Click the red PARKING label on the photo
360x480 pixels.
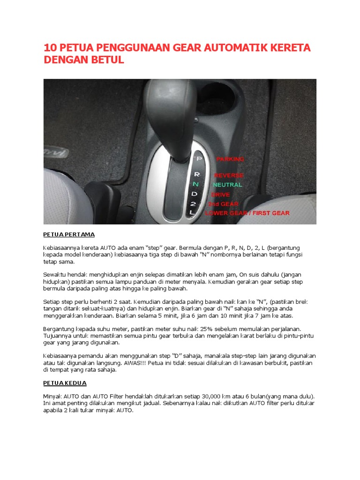point(230,159)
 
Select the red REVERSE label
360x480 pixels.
point(229,175)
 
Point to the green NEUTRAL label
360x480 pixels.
point(227,185)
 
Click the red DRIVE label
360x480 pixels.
point(220,194)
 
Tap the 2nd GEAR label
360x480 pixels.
point(224,204)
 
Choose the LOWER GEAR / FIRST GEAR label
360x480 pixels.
point(247,213)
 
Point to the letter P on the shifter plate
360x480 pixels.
point(199,159)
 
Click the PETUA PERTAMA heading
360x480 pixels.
point(69,233)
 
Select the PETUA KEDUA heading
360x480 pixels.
point(65,383)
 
